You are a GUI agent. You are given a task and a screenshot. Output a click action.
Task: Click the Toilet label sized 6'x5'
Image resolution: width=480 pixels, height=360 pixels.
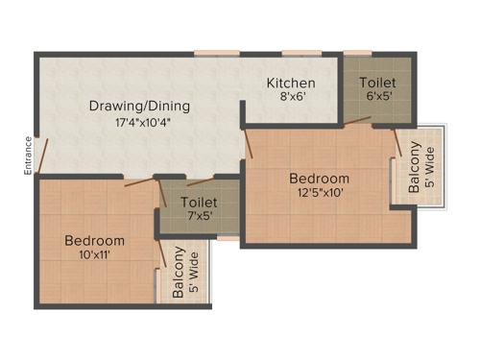tap(376, 84)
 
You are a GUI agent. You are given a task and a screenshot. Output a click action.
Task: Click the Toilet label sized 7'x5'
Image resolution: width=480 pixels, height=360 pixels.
tap(198, 204)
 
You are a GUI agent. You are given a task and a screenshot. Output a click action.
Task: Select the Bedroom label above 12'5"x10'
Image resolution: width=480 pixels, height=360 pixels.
tap(319, 179)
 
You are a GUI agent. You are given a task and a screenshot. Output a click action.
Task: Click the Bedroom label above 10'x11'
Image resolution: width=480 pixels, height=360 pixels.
tap(94, 240)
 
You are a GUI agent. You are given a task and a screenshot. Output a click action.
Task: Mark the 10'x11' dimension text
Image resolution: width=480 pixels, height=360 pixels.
tap(94, 256)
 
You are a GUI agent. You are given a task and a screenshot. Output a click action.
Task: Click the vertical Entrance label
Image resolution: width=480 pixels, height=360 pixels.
tap(29, 156)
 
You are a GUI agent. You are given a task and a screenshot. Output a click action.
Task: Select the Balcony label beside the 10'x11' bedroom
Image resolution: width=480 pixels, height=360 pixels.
tap(179, 276)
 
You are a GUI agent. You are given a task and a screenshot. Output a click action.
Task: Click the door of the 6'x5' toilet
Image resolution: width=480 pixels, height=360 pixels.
tap(357, 121)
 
